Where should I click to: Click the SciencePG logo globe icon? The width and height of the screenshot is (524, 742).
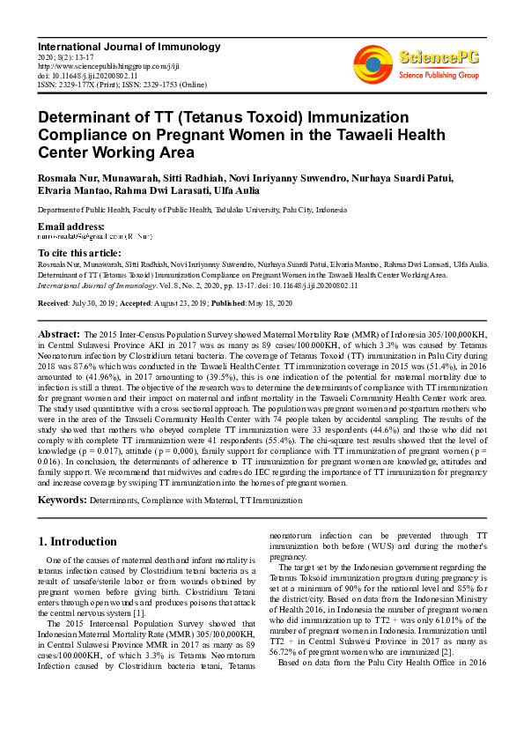(x=374, y=64)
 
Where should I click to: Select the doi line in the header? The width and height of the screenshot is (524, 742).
(x=87, y=76)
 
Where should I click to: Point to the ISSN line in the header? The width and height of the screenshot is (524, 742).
(x=122, y=85)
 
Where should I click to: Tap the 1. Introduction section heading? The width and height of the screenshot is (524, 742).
(x=78, y=541)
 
